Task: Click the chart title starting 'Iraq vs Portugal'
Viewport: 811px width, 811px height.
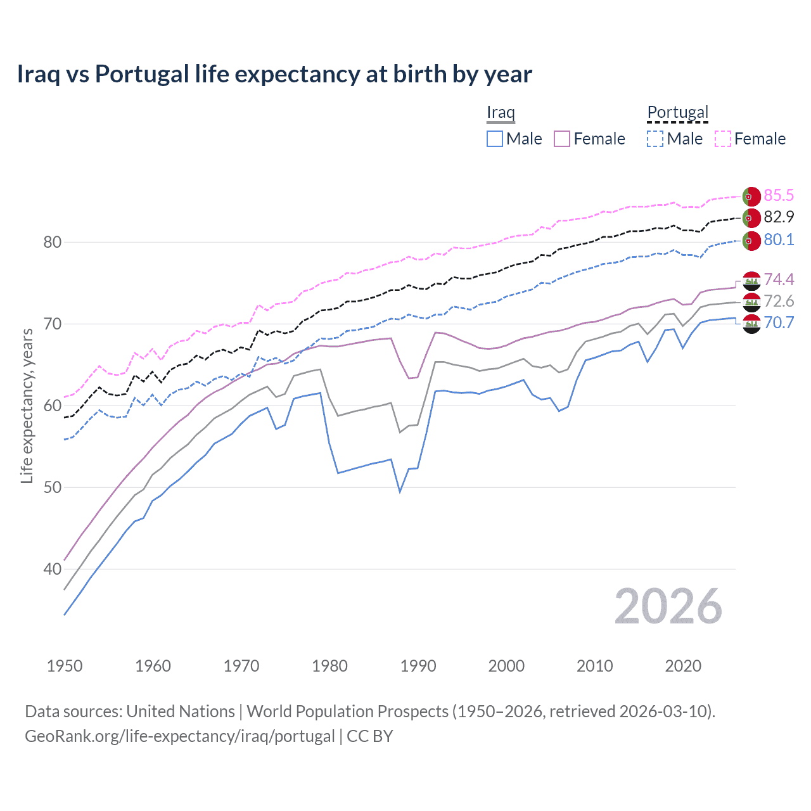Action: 274,74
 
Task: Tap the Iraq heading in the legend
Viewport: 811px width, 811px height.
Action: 501,112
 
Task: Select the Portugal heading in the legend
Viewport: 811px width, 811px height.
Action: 677,112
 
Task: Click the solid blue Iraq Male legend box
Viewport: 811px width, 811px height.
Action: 495,139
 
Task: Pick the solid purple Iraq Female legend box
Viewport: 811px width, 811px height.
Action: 562,139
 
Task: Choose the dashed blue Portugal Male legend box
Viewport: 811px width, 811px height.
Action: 655,139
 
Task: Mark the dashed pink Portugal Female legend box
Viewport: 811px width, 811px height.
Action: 723,139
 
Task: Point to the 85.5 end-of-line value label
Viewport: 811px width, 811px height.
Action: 779,195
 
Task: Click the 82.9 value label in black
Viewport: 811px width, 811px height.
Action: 779,217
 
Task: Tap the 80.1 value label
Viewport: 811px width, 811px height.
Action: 779,239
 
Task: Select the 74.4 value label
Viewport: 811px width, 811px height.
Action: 779,279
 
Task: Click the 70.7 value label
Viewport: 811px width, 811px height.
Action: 779,322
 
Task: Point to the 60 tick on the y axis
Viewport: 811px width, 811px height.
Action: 53,405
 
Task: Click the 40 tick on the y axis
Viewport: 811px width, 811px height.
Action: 53,569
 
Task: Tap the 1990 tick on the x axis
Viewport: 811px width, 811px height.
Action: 418,666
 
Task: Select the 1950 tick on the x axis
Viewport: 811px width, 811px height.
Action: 65,666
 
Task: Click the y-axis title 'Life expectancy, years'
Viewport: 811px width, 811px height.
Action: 27,405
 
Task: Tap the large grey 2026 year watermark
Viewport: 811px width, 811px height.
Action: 668,607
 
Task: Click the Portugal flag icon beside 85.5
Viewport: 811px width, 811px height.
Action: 751,196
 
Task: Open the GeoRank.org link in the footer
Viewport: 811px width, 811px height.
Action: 179,736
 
